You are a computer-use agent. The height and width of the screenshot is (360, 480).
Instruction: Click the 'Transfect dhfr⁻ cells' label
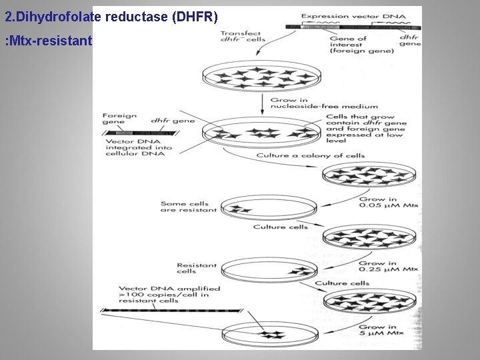243,36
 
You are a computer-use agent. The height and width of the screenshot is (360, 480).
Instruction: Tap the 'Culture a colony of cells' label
311,156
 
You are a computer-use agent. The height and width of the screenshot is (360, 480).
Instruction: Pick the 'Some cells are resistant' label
189,207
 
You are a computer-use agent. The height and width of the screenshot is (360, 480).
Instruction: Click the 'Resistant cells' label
197,268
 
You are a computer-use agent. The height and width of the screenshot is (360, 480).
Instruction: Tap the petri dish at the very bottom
267,333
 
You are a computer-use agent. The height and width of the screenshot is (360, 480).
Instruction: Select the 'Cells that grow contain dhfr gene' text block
360,129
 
